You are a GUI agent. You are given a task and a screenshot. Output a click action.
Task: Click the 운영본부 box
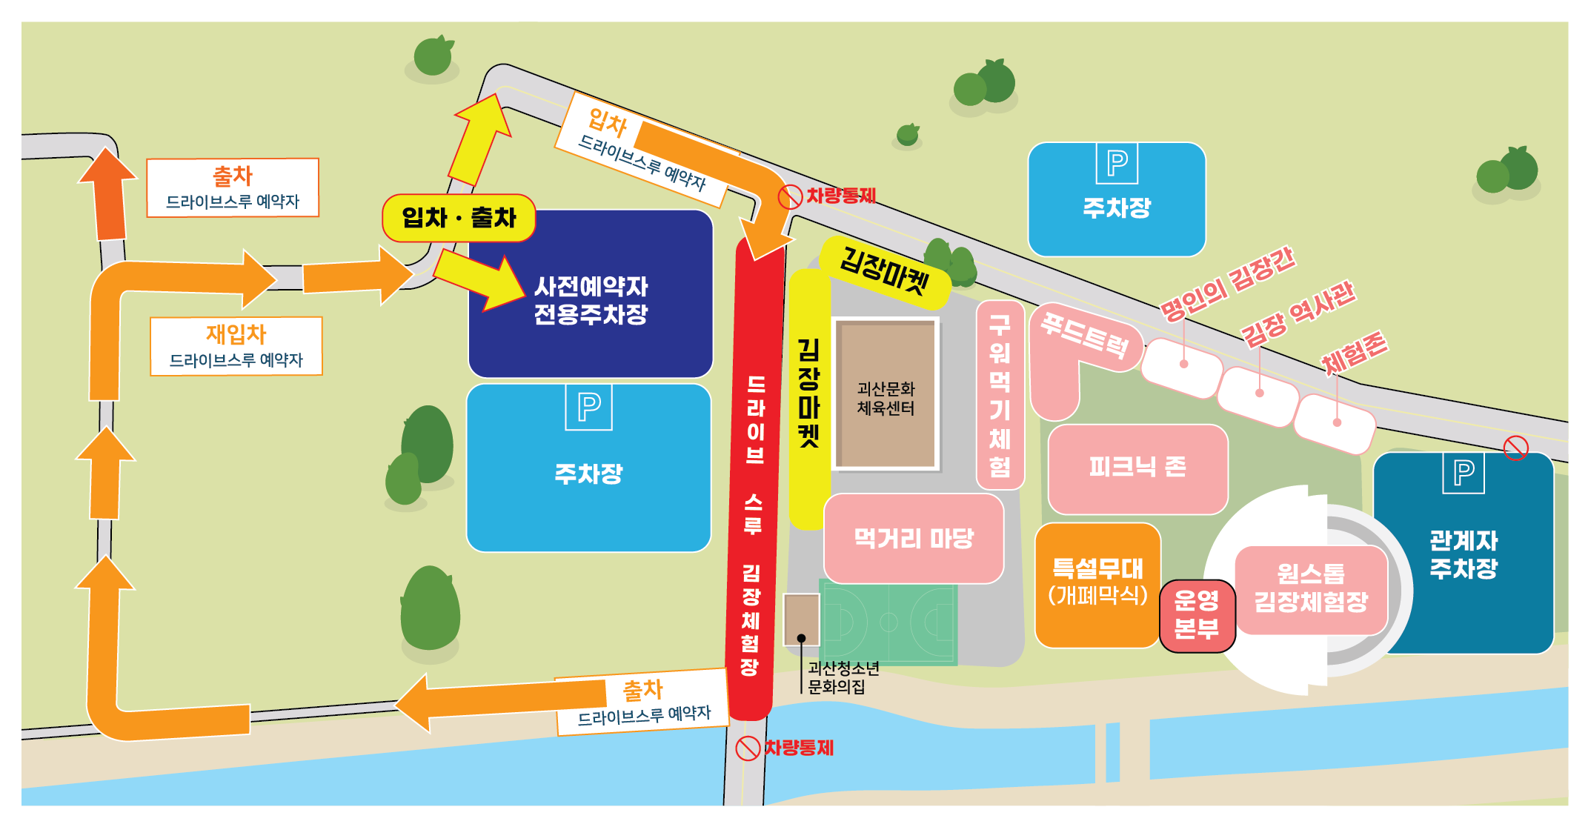coord(1196,616)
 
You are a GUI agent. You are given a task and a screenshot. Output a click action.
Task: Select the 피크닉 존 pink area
coord(1137,467)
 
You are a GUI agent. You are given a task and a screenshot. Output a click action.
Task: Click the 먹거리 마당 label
coord(914,538)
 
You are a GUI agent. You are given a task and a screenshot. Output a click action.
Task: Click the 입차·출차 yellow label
coord(459,218)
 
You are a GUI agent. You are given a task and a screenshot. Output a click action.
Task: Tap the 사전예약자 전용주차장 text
coord(591,300)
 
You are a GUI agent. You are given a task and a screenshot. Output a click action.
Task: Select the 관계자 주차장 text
coord(1464,554)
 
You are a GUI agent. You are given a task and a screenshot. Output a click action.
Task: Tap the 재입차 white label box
coord(236,346)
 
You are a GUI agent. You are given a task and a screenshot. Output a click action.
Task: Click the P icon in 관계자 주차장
coord(1464,473)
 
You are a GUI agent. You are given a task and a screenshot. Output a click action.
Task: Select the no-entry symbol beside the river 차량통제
coord(747,748)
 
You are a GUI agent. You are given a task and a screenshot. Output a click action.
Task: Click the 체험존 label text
coord(1354,352)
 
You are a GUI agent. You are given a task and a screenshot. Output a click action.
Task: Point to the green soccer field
coord(889,622)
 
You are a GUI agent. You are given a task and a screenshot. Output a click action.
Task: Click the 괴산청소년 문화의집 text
coord(843,677)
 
